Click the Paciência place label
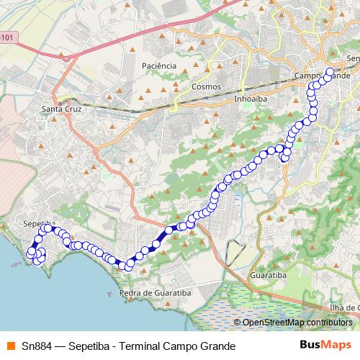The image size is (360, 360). tap(158, 66)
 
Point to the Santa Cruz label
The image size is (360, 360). tap(63, 109)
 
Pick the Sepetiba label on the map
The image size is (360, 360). tap(39, 224)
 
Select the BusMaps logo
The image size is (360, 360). tap(325, 344)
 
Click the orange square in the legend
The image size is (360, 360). tap(9, 345)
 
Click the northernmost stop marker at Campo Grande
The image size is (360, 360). tap(330, 72)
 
